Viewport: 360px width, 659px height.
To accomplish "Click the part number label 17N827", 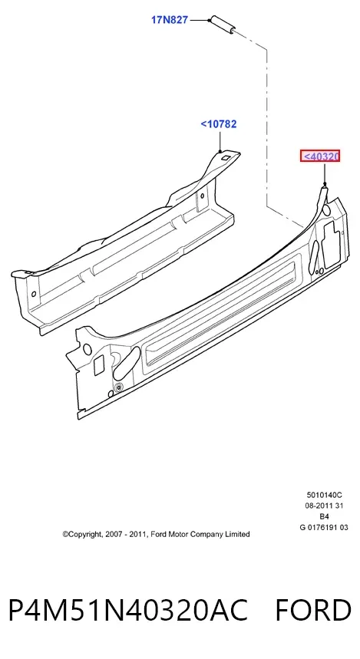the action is (x=170, y=20).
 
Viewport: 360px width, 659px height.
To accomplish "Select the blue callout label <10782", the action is (x=219, y=124).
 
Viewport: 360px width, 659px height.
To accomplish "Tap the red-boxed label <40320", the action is (x=320, y=157).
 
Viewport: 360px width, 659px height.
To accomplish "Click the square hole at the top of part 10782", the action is (x=226, y=158).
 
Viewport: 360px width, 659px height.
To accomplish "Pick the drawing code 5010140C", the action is (x=324, y=495).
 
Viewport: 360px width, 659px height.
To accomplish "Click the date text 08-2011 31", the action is (x=324, y=506).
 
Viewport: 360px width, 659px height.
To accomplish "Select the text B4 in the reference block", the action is (x=324, y=516).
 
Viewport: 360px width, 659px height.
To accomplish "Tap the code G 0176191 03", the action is (x=324, y=528).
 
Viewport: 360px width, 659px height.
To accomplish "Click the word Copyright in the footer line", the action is (x=82, y=534).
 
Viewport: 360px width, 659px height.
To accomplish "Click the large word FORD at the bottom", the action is (x=313, y=610).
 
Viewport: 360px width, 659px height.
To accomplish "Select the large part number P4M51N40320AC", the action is (x=128, y=610).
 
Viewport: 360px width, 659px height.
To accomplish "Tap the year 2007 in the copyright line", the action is (x=114, y=534).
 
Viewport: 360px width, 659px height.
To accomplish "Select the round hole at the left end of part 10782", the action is (x=34, y=294).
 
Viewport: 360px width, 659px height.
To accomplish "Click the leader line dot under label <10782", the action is (x=220, y=151).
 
